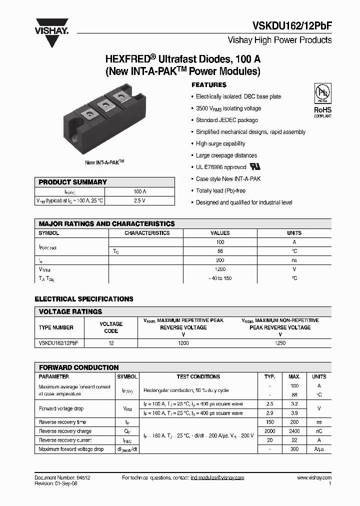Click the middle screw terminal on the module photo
(105, 104)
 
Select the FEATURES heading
(209, 85)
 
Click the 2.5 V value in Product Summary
(140, 200)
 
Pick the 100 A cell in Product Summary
(140, 191)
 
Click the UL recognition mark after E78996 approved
(255, 166)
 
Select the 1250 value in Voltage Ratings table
(280, 343)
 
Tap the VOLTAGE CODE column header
(111, 327)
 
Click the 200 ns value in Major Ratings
(220, 260)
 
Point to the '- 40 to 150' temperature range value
(220, 278)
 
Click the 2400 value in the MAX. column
(294, 431)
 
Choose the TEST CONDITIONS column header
(198, 376)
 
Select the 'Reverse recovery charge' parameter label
(65, 431)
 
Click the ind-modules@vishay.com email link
(217, 478)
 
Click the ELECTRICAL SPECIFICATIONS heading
(84, 299)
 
